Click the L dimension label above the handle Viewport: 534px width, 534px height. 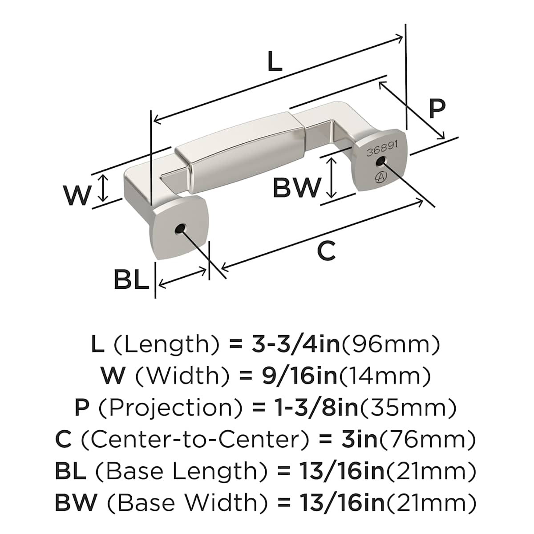point(275,62)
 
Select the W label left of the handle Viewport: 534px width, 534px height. point(77,195)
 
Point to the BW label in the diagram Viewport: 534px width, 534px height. point(297,187)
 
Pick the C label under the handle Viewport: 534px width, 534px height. point(326,251)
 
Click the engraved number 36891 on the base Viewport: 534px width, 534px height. point(382,151)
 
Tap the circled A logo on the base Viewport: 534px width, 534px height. point(381,176)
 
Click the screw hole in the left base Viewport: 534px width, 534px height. point(179,229)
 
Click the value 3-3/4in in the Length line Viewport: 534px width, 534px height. point(295,344)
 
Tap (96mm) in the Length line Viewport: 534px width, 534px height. point(390,344)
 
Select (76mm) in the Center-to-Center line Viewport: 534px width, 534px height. point(427,440)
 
